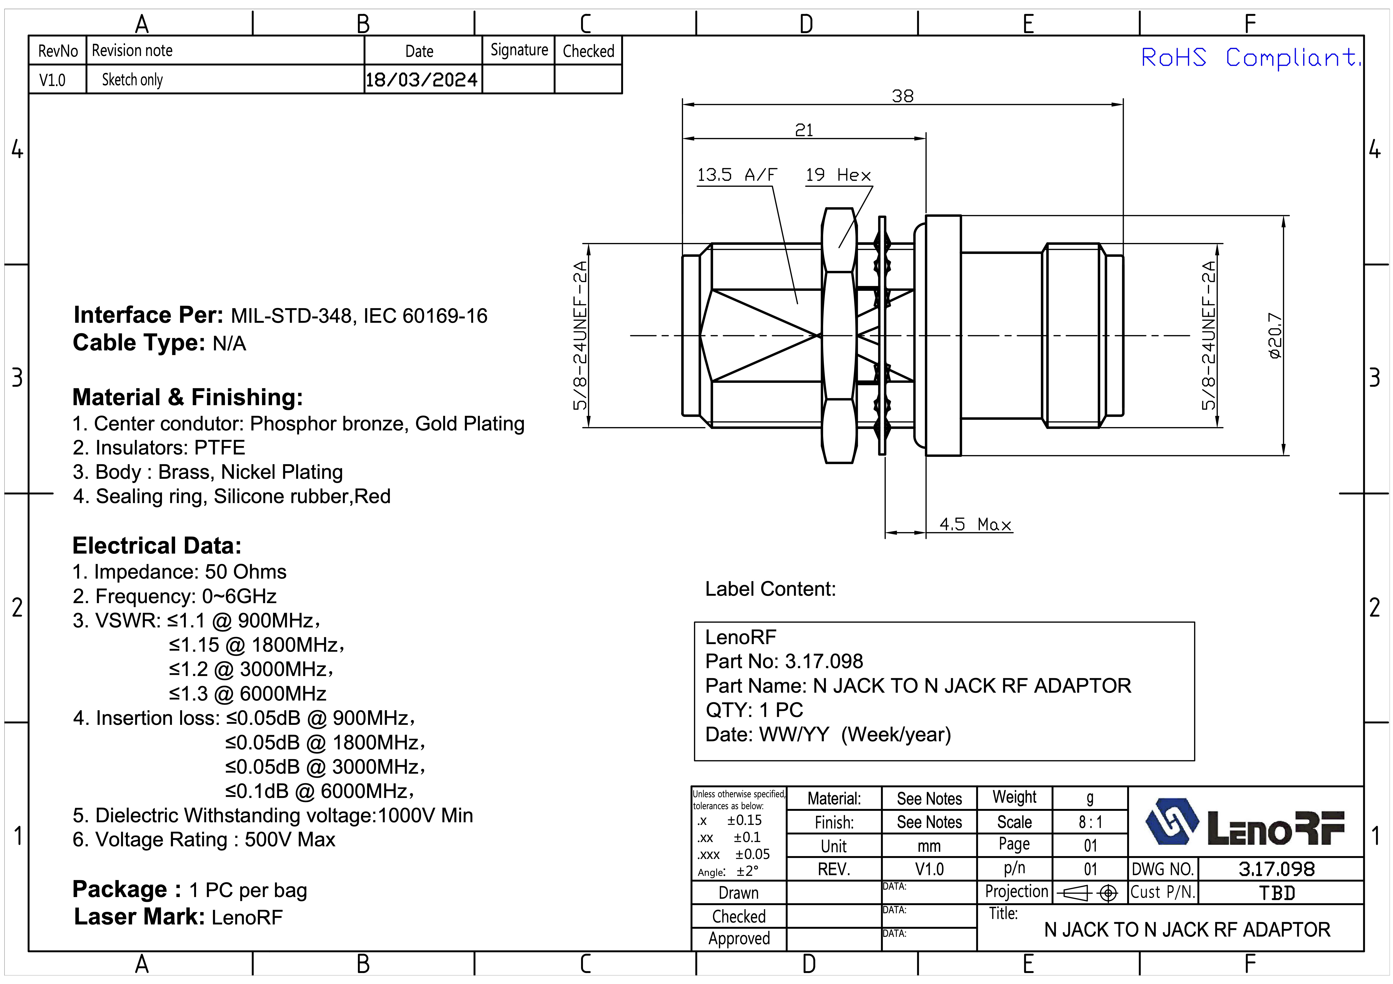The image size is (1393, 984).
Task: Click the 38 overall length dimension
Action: pyautogui.click(x=902, y=96)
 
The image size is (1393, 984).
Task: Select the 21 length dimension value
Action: pyautogui.click(x=804, y=130)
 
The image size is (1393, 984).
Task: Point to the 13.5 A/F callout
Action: pyautogui.click(x=737, y=175)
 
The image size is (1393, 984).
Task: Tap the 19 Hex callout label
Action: pyautogui.click(x=838, y=175)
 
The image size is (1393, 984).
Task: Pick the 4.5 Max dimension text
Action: pyautogui.click(x=975, y=524)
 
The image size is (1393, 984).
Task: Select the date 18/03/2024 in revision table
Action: pyautogui.click(x=422, y=80)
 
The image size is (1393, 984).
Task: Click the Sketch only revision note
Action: pyautogui.click(x=132, y=80)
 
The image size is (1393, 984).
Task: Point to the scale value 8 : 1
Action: pyautogui.click(x=1090, y=822)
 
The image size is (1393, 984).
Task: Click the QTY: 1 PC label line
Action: pyautogui.click(x=754, y=710)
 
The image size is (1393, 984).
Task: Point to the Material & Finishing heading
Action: pyautogui.click(x=187, y=397)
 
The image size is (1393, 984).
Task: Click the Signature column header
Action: pyautogui.click(x=519, y=50)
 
